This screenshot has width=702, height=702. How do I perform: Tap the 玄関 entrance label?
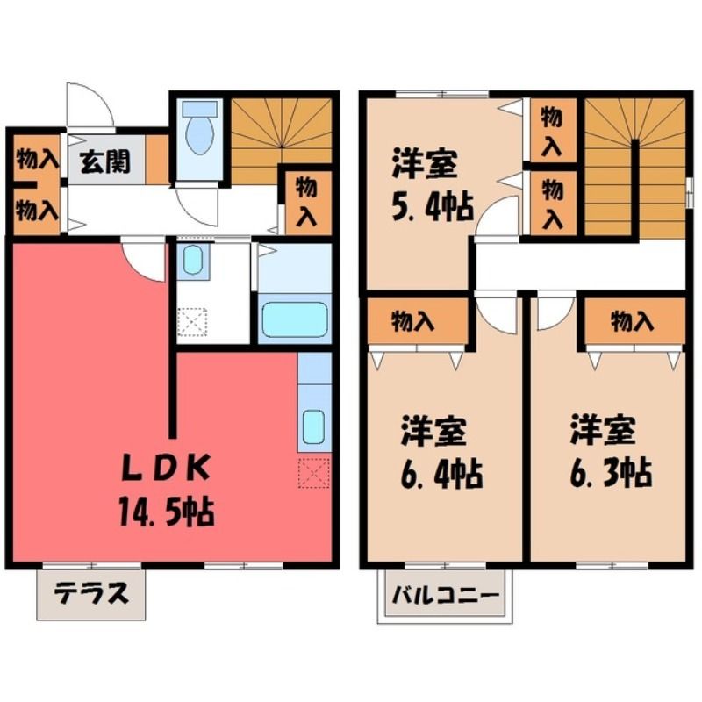click(x=105, y=161)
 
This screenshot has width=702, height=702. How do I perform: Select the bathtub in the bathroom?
click(x=295, y=319)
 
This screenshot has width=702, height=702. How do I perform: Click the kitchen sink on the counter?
click(x=313, y=426)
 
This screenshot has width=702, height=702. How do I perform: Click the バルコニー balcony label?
click(x=445, y=596)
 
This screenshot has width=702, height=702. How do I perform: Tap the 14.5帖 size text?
click(x=167, y=512)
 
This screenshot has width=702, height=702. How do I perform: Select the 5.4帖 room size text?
click(x=433, y=207)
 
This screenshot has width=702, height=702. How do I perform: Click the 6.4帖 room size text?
click(x=441, y=474)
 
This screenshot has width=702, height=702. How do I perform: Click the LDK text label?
click(x=167, y=468)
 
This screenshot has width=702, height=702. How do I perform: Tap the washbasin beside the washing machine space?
click(x=193, y=260)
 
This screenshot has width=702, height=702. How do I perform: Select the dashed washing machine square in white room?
click(x=192, y=322)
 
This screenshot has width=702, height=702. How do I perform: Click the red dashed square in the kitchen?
click(x=314, y=473)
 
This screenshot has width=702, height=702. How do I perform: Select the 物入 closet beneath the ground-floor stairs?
click(x=307, y=201)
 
